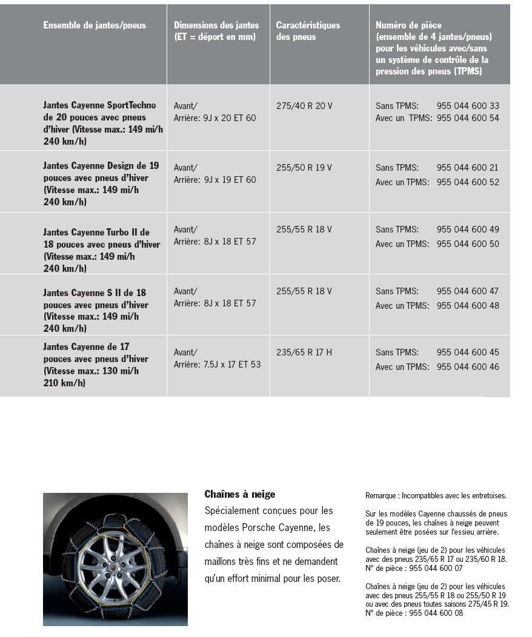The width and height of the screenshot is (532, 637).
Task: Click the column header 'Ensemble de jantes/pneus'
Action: click(95, 25)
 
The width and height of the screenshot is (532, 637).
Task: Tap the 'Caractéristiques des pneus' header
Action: click(308, 31)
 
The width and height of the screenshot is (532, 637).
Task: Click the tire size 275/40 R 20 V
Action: click(304, 106)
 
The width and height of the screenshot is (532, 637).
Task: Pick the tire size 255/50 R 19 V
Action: click(304, 168)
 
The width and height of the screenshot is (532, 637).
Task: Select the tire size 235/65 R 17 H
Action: click(304, 352)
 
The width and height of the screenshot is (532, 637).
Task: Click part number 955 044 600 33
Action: click(468, 106)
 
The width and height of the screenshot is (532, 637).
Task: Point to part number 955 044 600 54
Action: click(468, 118)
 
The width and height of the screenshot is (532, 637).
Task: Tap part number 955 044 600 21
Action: click(468, 168)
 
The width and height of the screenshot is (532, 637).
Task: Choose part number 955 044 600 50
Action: click(468, 244)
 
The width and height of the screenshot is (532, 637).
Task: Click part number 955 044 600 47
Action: click(468, 291)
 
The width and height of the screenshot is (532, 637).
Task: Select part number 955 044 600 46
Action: click(468, 367)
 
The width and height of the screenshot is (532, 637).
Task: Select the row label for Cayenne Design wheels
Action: click(101, 183)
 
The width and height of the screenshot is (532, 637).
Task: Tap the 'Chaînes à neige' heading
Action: click(240, 495)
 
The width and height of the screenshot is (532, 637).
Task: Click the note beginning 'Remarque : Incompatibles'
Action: click(436, 495)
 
